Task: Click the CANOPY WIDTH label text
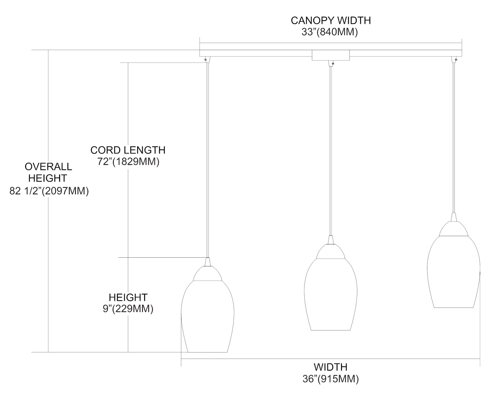pyautogui.click(x=331, y=20)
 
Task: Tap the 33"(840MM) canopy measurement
pyautogui.click(x=331, y=32)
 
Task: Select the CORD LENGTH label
pyautogui.click(x=128, y=150)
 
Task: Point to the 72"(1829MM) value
pyautogui.click(x=128, y=162)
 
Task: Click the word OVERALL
pyautogui.click(x=48, y=166)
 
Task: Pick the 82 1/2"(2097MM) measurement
pyautogui.click(x=49, y=191)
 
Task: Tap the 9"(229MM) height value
pyautogui.click(x=128, y=309)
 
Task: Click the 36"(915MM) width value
pyautogui.click(x=331, y=379)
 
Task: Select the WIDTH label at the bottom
pyautogui.click(x=331, y=367)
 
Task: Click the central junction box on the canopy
pyautogui.click(x=331, y=55)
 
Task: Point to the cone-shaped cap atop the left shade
pyautogui.click(x=207, y=262)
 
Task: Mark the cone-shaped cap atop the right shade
pyautogui.click(x=453, y=217)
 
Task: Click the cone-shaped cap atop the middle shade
pyautogui.click(x=331, y=240)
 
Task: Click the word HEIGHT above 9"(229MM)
pyautogui.click(x=128, y=297)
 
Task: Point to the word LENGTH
pyautogui.click(x=145, y=150)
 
